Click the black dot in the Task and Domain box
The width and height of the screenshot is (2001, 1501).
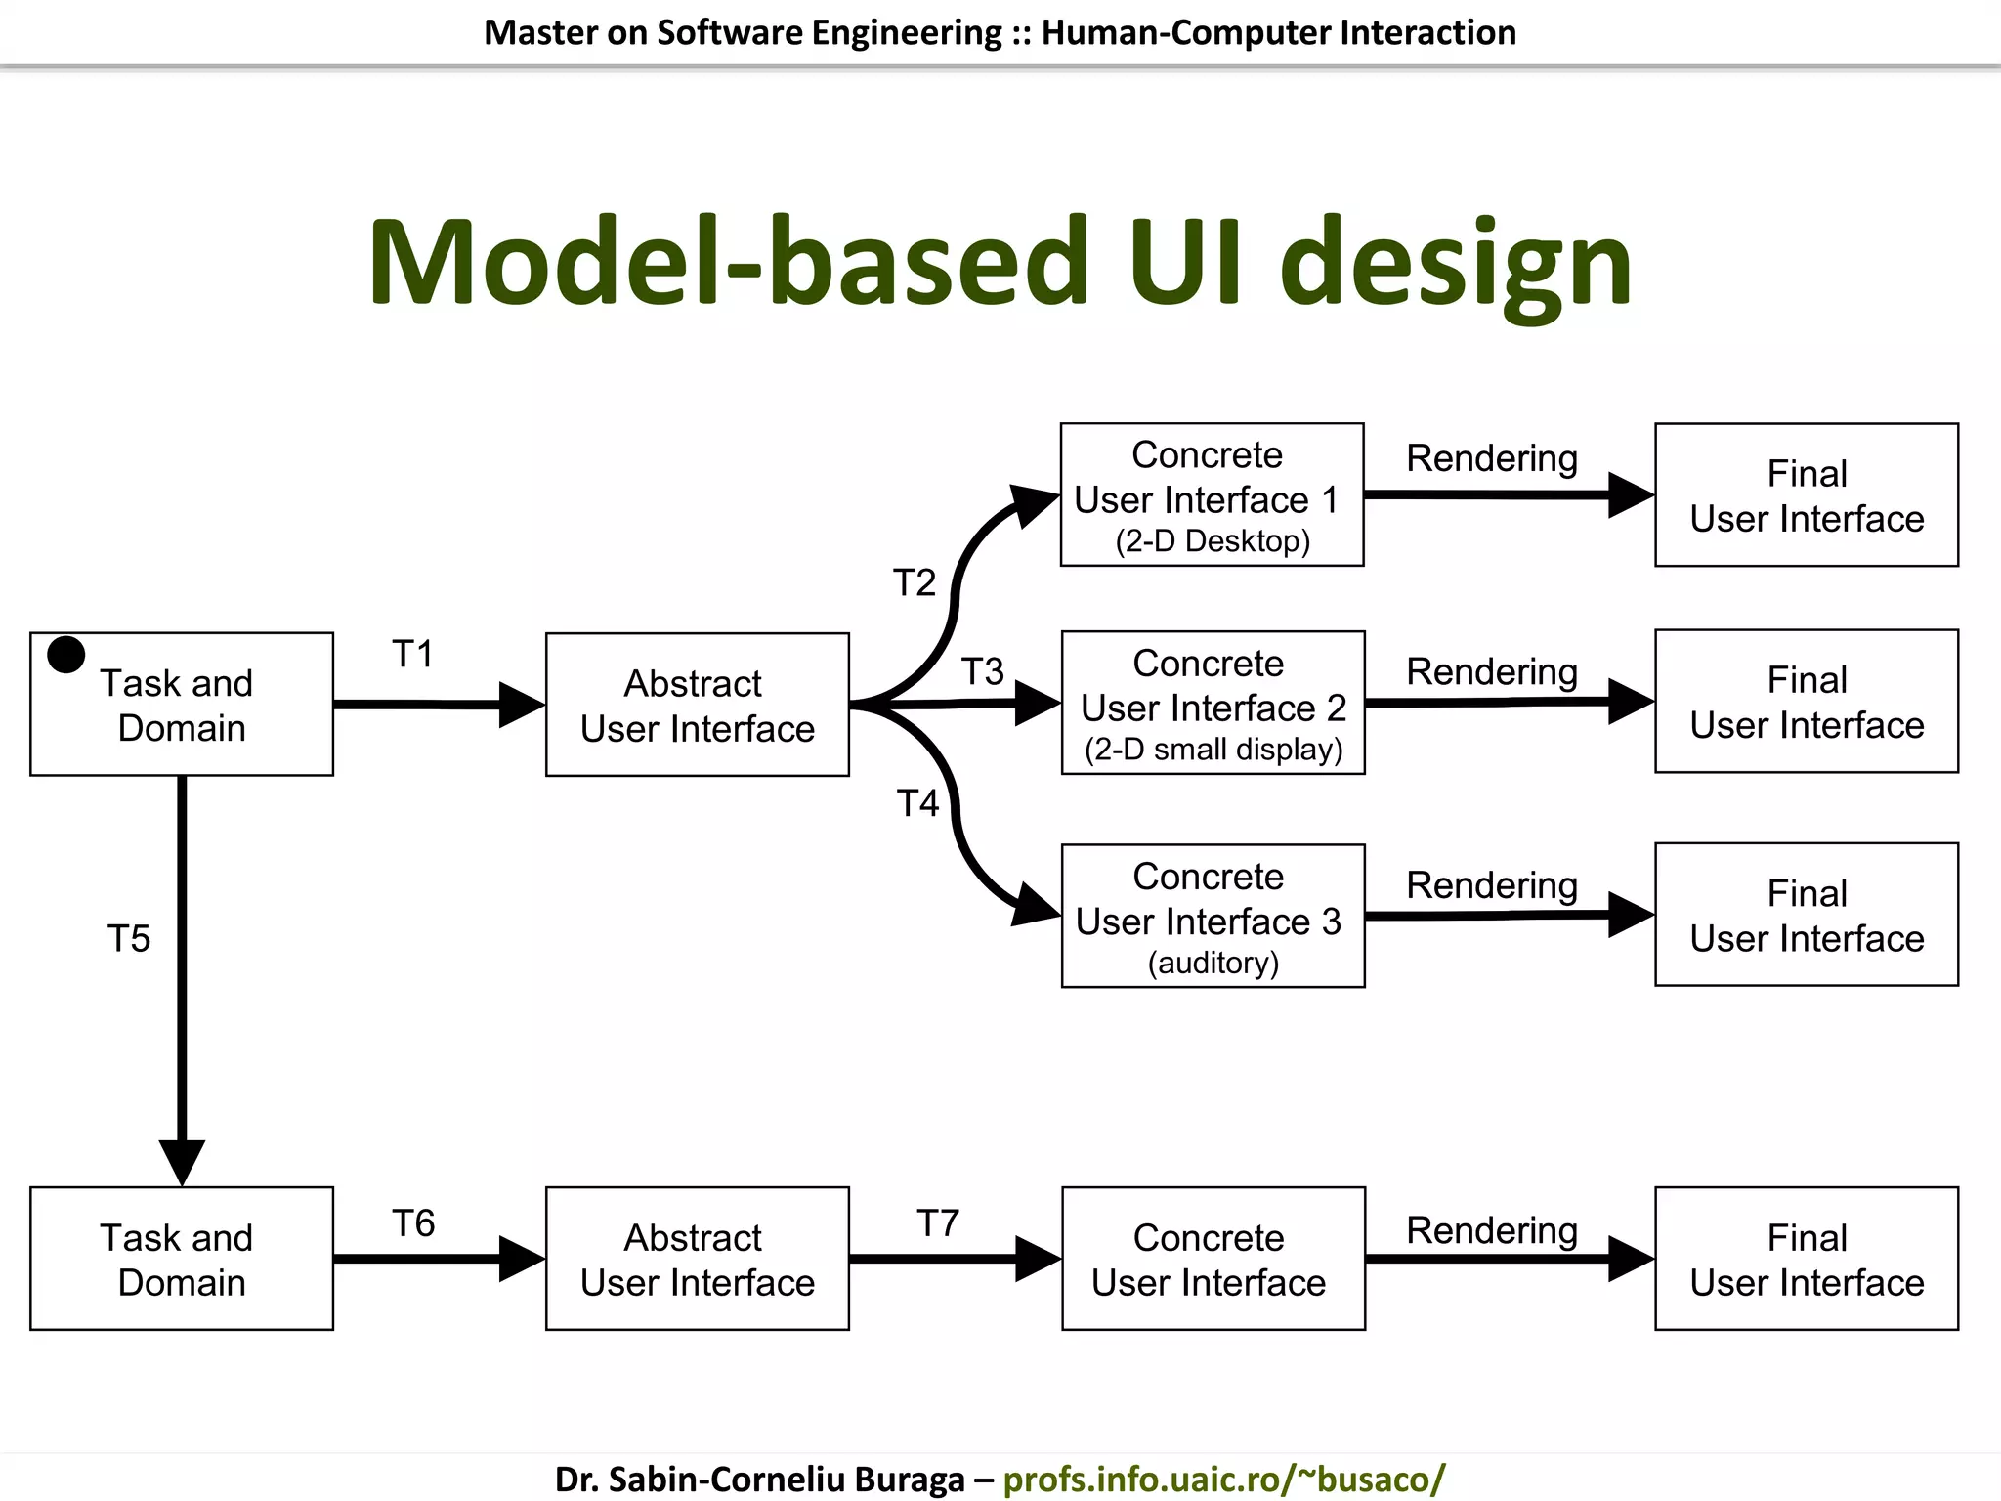click(x=66, y=655)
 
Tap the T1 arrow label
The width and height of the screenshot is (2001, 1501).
click(x=412, y=654)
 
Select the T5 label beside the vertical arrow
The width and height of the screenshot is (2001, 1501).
click(x=129, y=939)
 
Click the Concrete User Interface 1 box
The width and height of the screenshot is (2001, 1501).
click(x=1212, y=493)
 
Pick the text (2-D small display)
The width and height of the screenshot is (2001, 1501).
click(x=1213, y=750)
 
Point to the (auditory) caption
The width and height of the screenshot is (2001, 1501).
click(x=1213, y=964)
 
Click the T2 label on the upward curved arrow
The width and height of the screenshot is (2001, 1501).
click(x=915, y=582)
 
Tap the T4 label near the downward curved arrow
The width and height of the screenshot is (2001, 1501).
click(x=918, y=803)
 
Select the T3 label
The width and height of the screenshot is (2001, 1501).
click(x=983, y=671)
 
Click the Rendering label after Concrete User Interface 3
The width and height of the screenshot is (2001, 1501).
click(x=1492, y=885)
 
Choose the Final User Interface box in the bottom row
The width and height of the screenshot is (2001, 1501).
click(x=1807, y=1259)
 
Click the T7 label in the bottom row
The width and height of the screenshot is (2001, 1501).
click(x=938, y=1223)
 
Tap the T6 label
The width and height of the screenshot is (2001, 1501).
click(x=413, y=1223)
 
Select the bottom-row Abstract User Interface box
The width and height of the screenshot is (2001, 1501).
click(x=697, y=1259)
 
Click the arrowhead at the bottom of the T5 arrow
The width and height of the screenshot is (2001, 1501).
click(x=182, y=1161)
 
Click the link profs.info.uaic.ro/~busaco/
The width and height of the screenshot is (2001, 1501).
click(x=1224, y=1479)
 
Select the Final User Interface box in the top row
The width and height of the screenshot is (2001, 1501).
click(x=1807, y=494)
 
